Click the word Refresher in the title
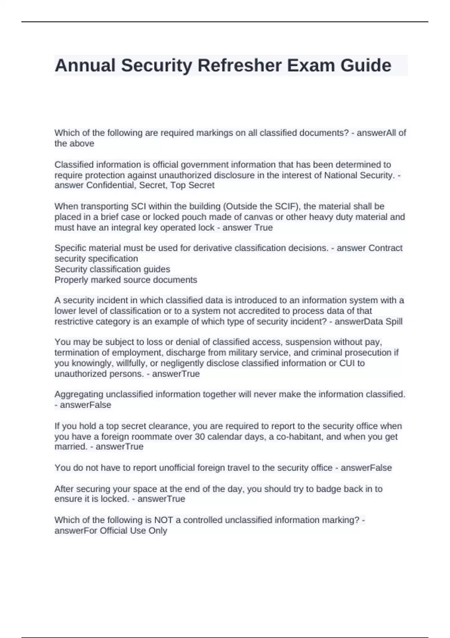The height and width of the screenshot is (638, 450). click(239, 66)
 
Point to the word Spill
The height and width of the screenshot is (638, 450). click(393, 322)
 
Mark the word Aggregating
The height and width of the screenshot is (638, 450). click(79, 394)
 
